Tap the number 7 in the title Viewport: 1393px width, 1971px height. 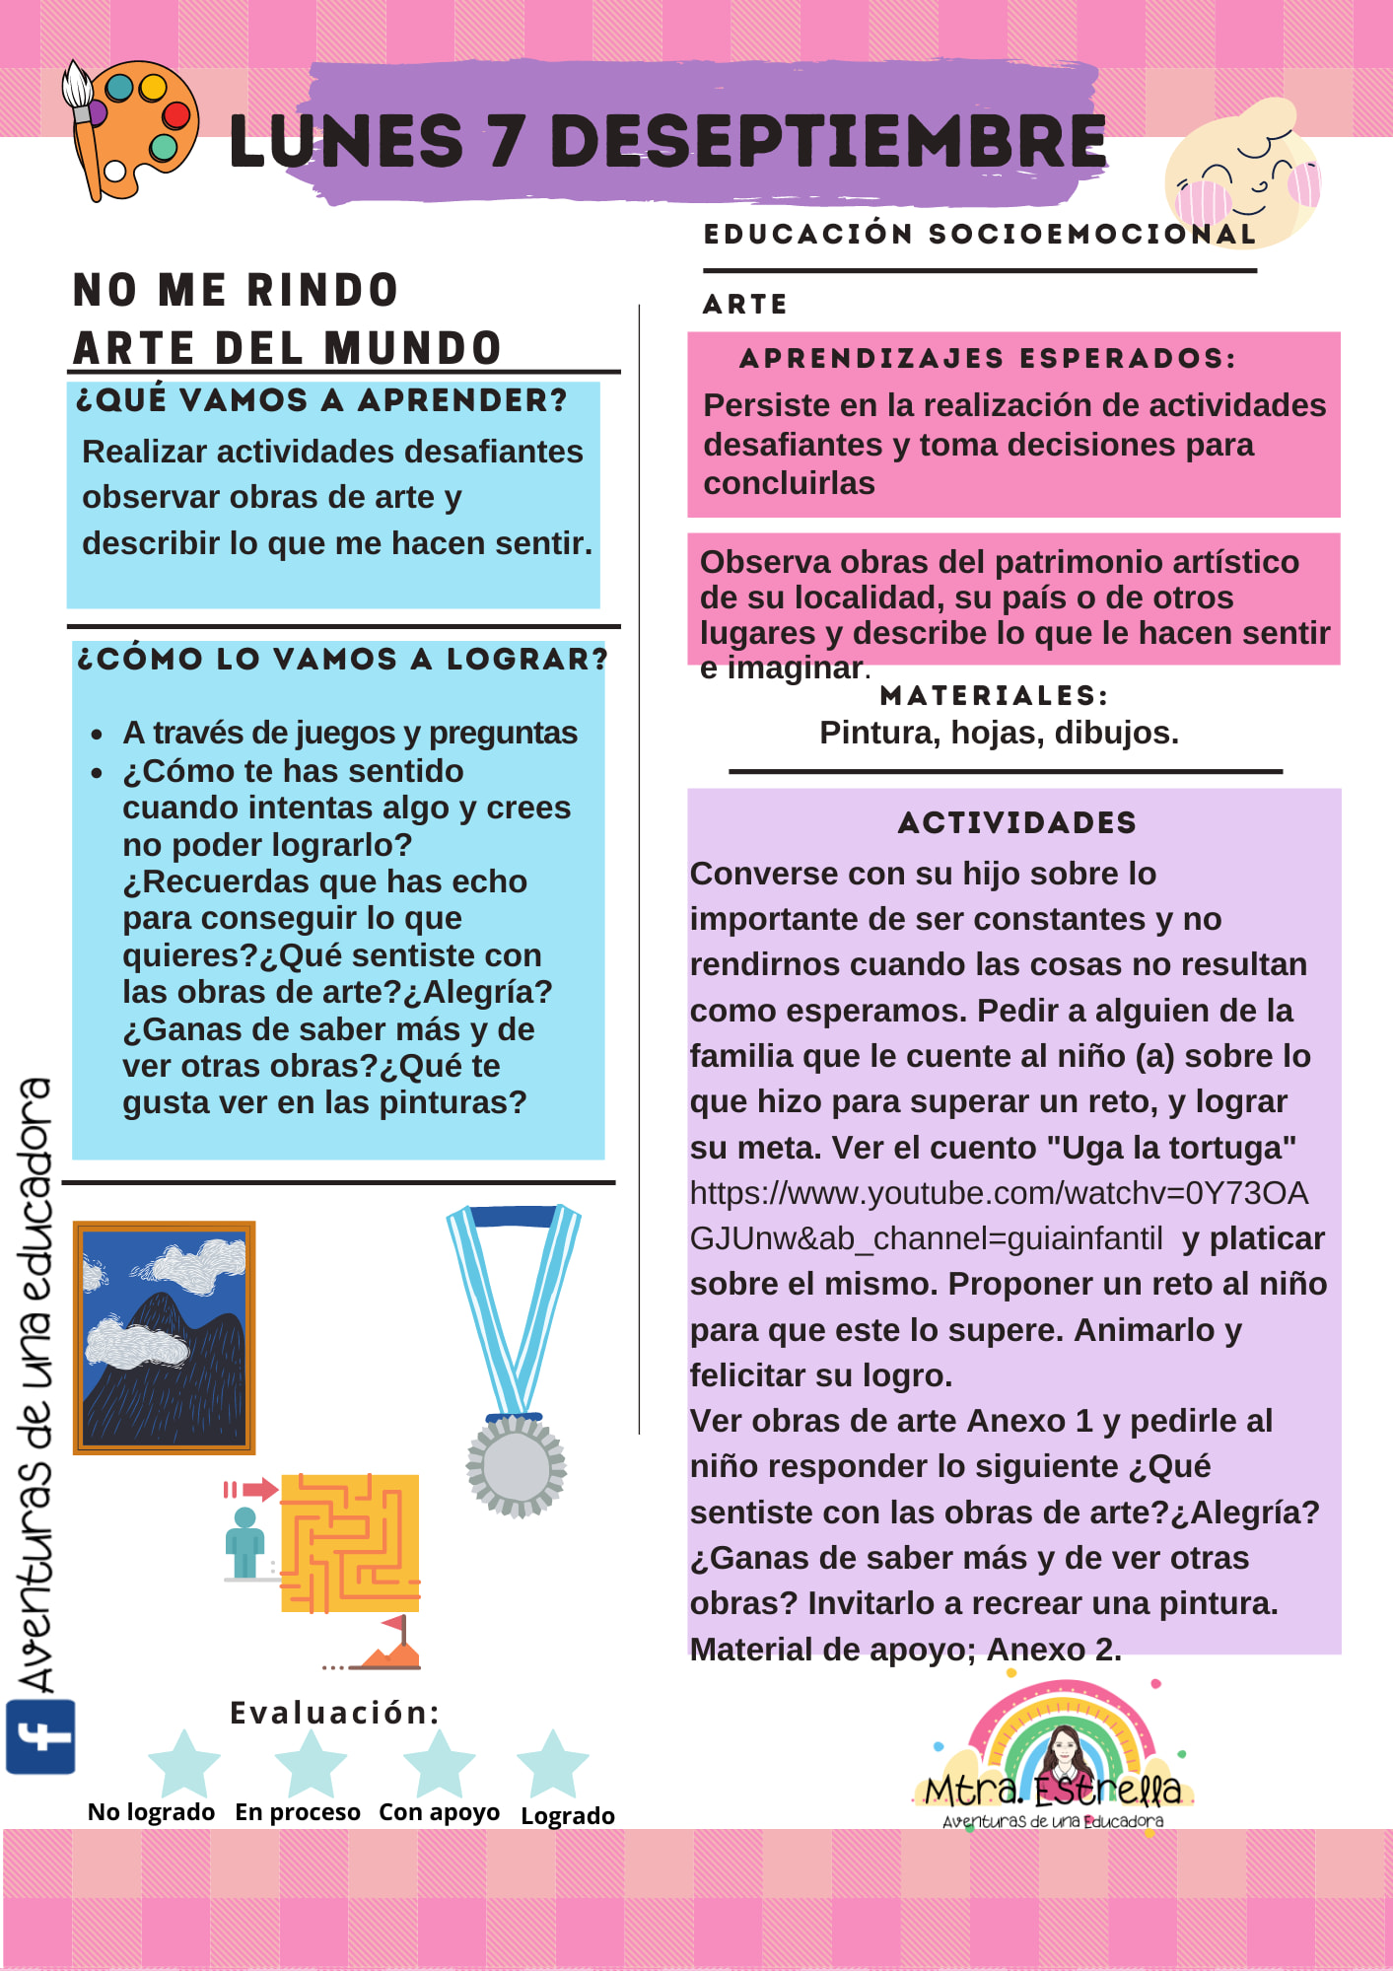tap(505, 141)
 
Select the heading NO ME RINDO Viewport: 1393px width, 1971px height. tap(236, 291)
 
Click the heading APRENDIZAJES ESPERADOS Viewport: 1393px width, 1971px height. tap(987, 359)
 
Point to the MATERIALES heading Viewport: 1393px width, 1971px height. tap(994, 696)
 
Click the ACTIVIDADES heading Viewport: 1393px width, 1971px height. tap(1017, 823)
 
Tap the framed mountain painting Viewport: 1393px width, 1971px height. tap(165, 1338)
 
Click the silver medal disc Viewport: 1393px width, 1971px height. tap(516, 1466)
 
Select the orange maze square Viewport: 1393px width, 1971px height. tap(350, 1543)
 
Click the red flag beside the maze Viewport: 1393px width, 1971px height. tap(396, 1623)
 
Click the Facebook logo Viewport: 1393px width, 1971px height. tap(40, 1737)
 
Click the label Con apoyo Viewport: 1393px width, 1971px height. tap(439, 1812)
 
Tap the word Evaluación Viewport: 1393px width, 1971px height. tap(334, 1713)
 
